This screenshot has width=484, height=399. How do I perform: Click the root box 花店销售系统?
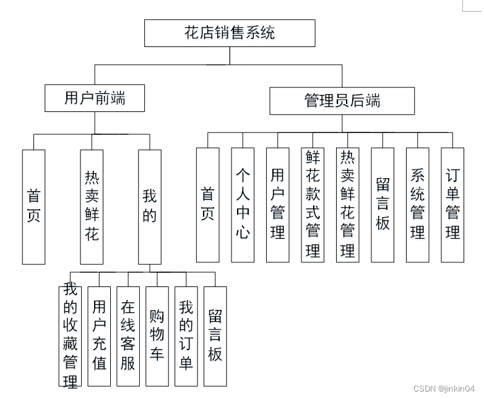pyautogui.click(x=230, y=33)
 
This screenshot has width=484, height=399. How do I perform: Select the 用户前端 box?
pyautogui.click(x=95, y=98)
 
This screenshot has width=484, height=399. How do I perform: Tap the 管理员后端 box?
pyautogui.click(x=342, y=101)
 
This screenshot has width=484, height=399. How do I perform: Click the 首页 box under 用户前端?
pyautogui.click(x=33, y=207)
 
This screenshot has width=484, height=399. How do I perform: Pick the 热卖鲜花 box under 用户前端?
pyautogui.click(x=92, y=207)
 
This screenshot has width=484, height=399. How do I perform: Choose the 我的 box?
pyautogui.click(x=149, y=207)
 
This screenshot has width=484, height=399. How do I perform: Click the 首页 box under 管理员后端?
pyautogui.click(x=207, y=205)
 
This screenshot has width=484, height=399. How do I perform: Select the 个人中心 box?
pyautogui.click(x=242, y=205)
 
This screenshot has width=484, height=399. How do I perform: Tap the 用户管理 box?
pyautogui.click(x=277, y=205)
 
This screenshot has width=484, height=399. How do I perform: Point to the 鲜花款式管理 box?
pyautogui.click(x=312, y=205)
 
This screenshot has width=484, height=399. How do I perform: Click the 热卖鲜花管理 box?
pyautogui.click(x=347, y=205)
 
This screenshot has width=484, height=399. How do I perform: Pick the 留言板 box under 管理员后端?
pyautogui.click(x=382, y=205)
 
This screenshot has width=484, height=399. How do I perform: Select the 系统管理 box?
pyautogui.click(x=417, y=205)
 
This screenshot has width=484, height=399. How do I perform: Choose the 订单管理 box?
pyautogui.click(x=452, y=205)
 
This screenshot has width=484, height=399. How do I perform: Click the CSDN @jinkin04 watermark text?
pyautogui.click(x=443, y=388)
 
